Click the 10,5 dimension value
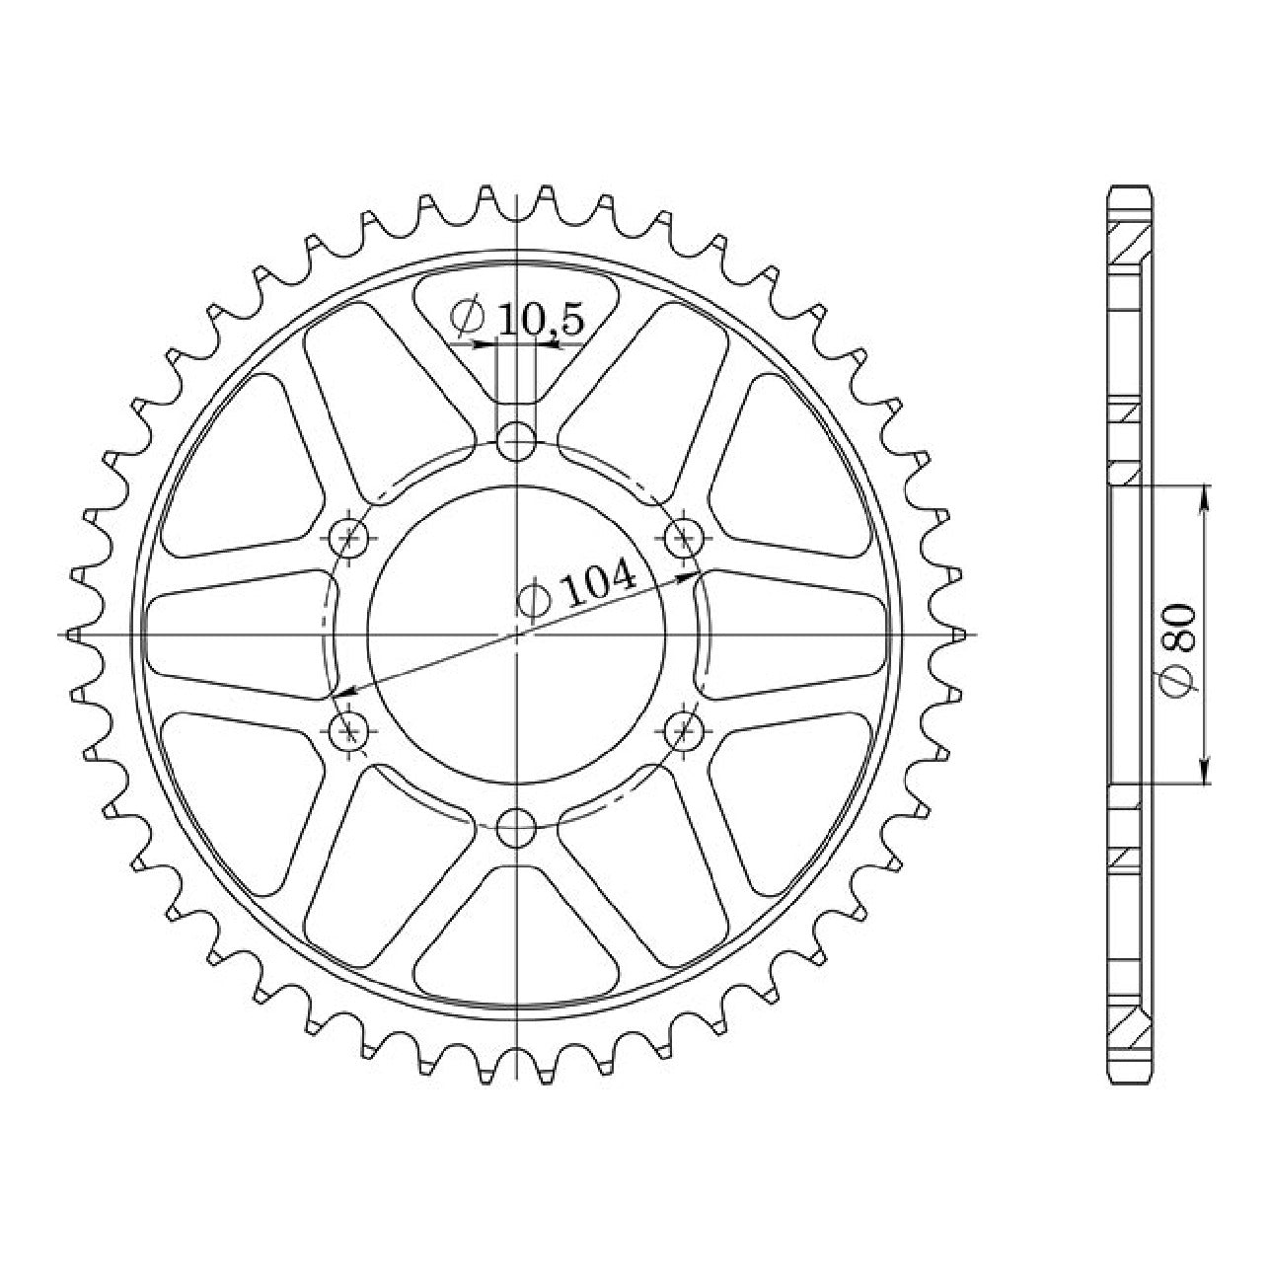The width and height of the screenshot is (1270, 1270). tap(541, 321)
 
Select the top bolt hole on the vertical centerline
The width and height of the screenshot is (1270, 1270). tap(516, 441)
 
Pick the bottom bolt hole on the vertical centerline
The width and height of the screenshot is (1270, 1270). tap(516, 829)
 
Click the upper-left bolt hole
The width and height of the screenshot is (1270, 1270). tap(348, 538)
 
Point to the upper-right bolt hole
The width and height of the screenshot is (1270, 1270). tap(684, 538)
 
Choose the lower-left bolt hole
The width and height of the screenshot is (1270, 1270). tap(348, 730)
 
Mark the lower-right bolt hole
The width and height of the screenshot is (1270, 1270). tap(684, 730)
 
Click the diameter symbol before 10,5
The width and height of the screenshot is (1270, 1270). tap(469, 317)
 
